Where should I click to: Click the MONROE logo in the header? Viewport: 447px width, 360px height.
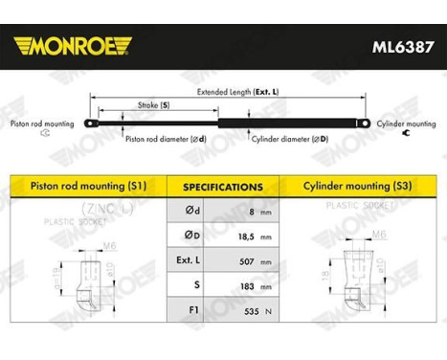tap(73, 45)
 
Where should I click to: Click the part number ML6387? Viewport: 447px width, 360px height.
tap(394, 44)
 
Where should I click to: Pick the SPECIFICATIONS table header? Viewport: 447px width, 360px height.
tap(223, 187)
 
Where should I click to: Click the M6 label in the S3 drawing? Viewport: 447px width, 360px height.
tap(352, 235)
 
